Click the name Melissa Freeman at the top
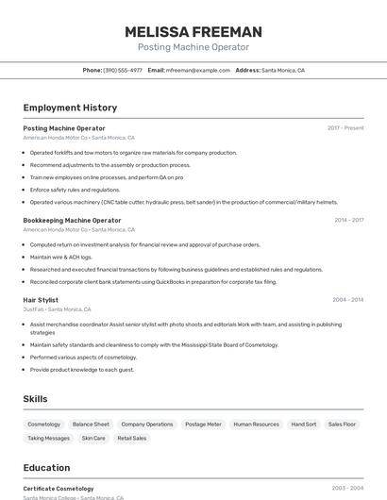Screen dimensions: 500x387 click(x=193, y=32)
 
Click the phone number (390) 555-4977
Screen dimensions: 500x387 click(x=123, y=70)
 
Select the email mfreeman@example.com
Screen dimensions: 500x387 click(x=198, y=70)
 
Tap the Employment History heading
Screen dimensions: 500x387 click(x=70, y=108)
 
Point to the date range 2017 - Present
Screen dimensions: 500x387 click(x=345, y=128)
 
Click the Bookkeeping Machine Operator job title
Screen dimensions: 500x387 click(x=72, y=220)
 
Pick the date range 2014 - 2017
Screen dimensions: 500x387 click(x=348, y=220)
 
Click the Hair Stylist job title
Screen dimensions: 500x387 click(x=41, y=300)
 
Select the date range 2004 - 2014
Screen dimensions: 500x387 click(x=348, y=300)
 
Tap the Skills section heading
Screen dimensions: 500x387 click(x=36, y=399)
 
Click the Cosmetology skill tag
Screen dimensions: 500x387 click(x=44, y=425)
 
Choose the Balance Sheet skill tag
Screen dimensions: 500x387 click(x=91, y=425)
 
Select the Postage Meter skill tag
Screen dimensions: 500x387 click(x=203, y=425)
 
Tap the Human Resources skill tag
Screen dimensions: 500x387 click(x=256, y=425)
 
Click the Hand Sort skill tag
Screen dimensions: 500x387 click(x=304, y=425)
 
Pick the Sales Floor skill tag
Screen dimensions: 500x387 click(x=342, y=425)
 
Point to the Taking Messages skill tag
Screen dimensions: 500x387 click(x=48, y=438)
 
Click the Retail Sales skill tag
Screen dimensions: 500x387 click(x=131, y=438)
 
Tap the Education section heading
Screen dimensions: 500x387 click(x=46, y=467)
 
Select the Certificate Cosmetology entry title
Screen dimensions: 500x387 click(x=59, y=489)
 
